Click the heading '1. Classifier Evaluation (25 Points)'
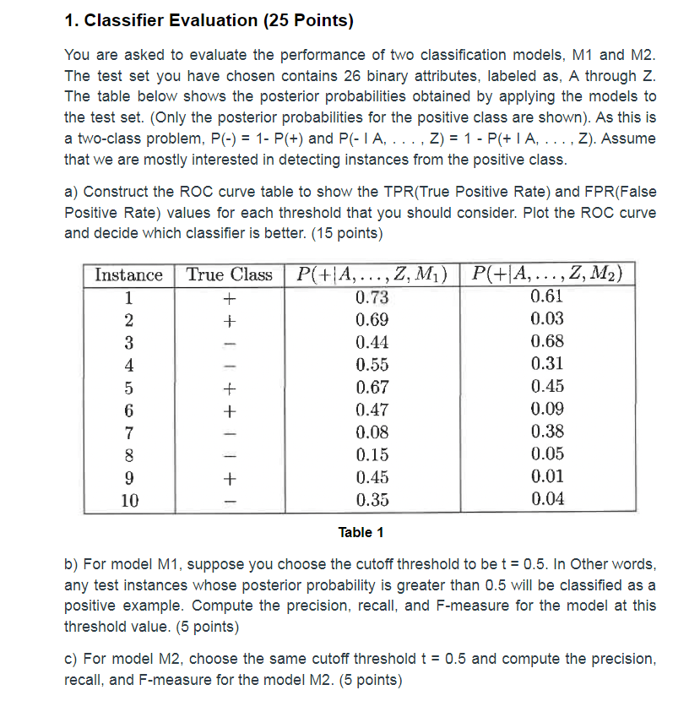pyautogui.click(x=209, y=19)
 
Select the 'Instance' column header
pyautogui.click(x=128, y=274)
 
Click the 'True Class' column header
pyautogui.click(x=229, y=274)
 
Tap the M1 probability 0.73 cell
pyautogui.click(x=372, y=296)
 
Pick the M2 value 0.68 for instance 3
pyautogui.click(x=547, y=341)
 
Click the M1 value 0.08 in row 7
pyautogui.click(x=372, y=432)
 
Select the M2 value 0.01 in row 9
pyautogui.click(x=547, y=476)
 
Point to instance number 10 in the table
pyautogui.click(x=128, y=499)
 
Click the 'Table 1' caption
pyautogui.click(x=361, y=532)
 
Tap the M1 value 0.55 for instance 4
pyautogui.click(x=372, y=364)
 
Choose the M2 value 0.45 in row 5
pyautogui.click(x=547, y=387)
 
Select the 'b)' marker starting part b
pyautogui.click(x=72, y=563)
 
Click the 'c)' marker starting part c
pyautogui.click(x=72, y=659)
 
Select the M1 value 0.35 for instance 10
pyautogui.click(x=372, y=499)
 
